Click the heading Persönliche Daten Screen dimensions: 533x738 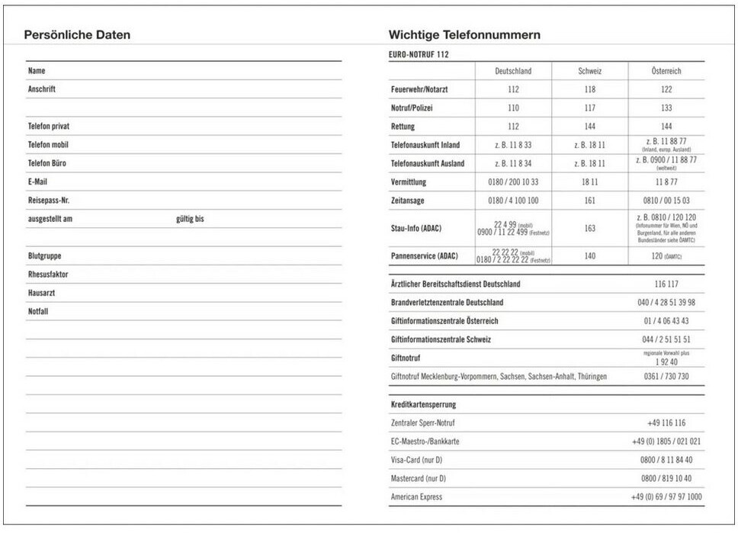click(x=77, y=35)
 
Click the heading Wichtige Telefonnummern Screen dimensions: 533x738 click(x=464, y=35)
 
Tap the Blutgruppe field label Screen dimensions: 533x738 click(x=44, y=256)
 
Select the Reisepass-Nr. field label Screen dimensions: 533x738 click(x=49, y=201)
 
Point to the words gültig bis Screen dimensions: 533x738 click(x=190, y=219)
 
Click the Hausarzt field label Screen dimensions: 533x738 click(x=41, y=293)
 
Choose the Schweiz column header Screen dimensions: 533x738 click(x=589, y=71)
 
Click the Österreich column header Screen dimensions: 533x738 click(x=666, y=71)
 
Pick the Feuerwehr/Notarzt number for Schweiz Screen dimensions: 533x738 click(x=589, y=89)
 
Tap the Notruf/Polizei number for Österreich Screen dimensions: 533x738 click(x=666, y=108)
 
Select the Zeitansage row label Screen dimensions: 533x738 click(x=408, y=201)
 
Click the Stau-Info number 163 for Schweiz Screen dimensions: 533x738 click(x=589, y=228)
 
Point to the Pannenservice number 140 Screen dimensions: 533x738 click(x=589, y=256)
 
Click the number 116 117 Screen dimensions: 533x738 click(x=666, y=284)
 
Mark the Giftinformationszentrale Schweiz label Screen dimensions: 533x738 click(x=441, y=339)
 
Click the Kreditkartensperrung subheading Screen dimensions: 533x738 click(x=423, y=404)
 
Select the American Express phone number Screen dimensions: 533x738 click(x=666, y=497)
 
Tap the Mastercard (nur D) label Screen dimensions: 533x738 click(x=418, y=478)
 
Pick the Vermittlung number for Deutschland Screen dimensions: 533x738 click(x=513, y=182)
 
